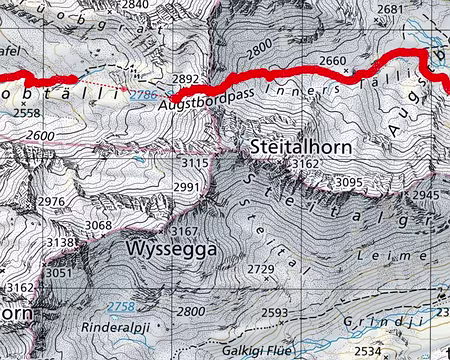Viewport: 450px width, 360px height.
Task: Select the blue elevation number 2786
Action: (x=144, y=93)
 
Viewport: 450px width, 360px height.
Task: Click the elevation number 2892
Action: (x=186, y=78)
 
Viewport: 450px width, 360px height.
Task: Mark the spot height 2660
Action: (x=332, y=61)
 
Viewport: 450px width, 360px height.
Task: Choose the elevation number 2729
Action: (x=260, y=269)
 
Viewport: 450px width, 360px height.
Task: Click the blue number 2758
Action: (x=120, y=305)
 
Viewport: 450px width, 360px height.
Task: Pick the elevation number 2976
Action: (x=50, y=203)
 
